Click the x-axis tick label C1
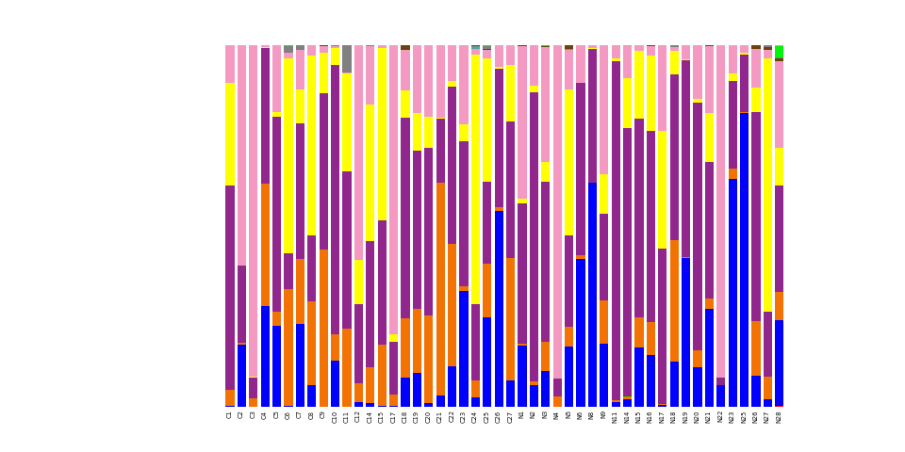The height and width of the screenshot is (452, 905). pos(230,415)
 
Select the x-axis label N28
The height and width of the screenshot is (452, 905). pos(780,417)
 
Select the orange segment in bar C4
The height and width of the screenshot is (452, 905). pos(265,245)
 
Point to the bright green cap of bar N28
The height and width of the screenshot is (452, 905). pos(779,51)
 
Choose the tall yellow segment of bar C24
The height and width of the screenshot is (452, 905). pos(475,179)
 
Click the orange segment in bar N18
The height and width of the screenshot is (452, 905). pos(674,300)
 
